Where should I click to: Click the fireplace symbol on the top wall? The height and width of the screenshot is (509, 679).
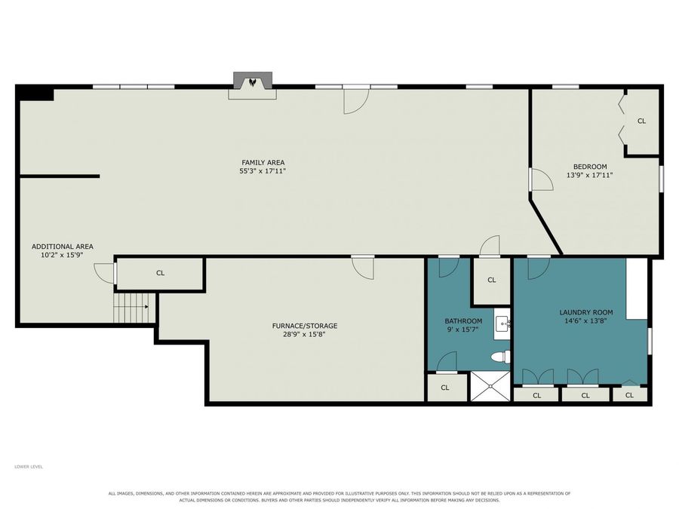click(x=253, y=82)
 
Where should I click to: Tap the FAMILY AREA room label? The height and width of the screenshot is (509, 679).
click(x=263, y=162)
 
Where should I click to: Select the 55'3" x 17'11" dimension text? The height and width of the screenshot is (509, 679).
click(x=263, y=171)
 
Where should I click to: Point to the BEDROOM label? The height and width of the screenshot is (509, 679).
click(x=590, y=167)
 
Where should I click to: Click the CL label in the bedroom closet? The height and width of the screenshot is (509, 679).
click(x=641, y=121)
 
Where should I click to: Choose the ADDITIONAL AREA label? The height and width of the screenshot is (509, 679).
click(x=63, y=247)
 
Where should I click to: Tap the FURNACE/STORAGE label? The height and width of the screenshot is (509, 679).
click(x=305, y=326)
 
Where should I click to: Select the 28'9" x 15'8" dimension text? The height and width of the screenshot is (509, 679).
click(x=305, y=334)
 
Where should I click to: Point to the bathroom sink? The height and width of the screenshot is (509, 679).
click(x=502, y=323)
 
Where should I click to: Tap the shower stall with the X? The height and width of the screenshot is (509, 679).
click(x=490, y=385)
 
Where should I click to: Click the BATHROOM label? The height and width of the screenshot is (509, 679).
click(x=463, y=321)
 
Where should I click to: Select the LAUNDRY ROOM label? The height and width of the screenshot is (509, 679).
click(x=586, y=312)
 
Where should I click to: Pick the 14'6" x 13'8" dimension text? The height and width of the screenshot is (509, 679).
click(x=586, y=320)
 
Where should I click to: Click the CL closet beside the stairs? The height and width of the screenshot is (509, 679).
click(x=160, y=273)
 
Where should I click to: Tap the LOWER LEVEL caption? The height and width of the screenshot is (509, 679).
click(x=29, y=467)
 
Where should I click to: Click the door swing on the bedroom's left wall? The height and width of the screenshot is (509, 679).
click(x=542, y=179)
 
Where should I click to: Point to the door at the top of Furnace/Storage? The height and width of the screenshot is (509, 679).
click(x=363, y=268)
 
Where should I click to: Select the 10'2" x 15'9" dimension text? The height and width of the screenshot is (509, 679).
click(x=62, y=255)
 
